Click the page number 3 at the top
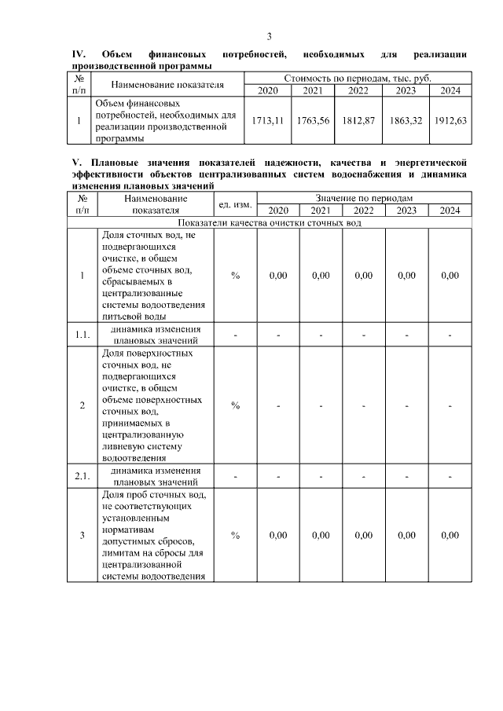pos(269,36)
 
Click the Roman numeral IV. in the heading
pos(78,54)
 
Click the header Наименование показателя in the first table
pos(167,84)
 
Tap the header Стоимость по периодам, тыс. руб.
pos(358,79)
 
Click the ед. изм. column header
pos(235,204)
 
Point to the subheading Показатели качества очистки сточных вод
pos(269,222)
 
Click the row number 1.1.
pos(83,335)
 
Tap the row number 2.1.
pos(83,476)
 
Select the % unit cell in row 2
pos(235,405)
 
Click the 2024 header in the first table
pos(450,90)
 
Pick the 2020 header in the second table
pos(278,211)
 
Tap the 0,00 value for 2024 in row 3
pos(450,535)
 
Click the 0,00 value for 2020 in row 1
pos(278,275)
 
